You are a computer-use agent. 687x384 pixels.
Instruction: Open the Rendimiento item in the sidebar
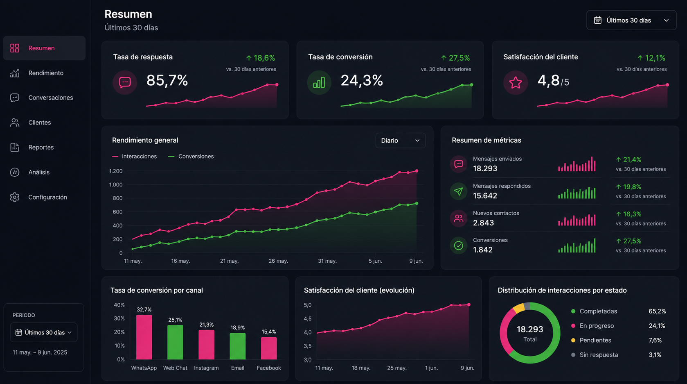[46, 73]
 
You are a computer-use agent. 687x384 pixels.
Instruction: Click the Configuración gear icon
[14, 197]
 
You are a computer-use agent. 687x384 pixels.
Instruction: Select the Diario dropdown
[400, 141]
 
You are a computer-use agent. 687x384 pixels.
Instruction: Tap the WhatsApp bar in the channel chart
[144, 337]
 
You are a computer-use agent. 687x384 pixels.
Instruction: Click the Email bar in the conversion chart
[238, 346]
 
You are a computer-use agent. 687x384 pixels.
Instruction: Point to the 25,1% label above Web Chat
[175, 320]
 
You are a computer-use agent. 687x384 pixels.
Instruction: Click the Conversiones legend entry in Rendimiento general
[191, 157]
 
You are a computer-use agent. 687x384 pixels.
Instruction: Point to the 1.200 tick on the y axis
[116, 171]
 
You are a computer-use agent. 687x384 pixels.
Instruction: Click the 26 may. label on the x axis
[278, 261]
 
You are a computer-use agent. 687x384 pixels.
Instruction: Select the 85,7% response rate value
[167, 80]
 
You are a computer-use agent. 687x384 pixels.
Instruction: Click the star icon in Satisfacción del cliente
[516, 82]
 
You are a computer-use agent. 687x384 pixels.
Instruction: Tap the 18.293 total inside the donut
[530, 329]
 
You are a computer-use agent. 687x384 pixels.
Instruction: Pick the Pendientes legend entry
[591, 341]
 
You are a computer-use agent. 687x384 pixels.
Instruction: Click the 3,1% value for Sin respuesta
[655, 355]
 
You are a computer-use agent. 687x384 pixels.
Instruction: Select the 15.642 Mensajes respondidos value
[485, 195]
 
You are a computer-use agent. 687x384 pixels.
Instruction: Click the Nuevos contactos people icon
[459, 218]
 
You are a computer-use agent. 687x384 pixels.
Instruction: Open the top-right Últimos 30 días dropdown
[631, 20]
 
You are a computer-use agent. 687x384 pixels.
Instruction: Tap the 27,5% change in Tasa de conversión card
[455, 58]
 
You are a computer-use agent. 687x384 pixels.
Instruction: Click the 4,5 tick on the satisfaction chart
[308, 318]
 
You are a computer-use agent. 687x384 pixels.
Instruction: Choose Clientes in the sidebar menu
[40, 123]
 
